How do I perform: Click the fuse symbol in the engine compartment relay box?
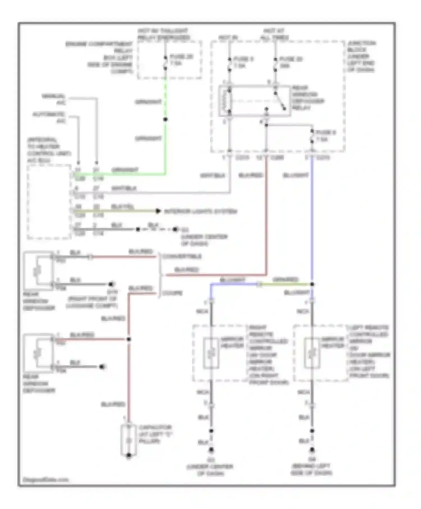tap(165, 63)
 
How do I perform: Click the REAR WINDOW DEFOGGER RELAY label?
tap(308, 98)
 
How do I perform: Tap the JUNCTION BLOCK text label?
tap(361, 56)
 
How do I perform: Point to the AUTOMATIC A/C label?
tap(49, 118)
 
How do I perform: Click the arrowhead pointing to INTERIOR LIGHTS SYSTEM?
tap(158, 211)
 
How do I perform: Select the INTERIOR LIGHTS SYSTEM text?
tap(200, 211)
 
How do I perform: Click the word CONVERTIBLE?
tap(182, 256)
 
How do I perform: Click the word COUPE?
tap(172, 293)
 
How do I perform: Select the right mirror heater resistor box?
tap(211, 353)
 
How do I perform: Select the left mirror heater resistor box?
tap(312, 353)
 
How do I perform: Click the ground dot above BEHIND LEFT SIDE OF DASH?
tap(312, 450)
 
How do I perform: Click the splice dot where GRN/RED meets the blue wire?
tap(312, 284)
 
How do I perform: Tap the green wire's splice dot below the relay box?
tap(165, 120)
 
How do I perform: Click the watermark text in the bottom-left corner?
tap(45, 480)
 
